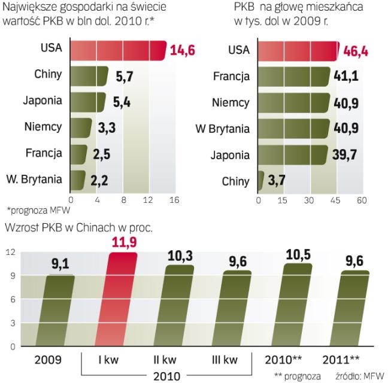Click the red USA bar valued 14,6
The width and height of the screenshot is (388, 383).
pos(117,50)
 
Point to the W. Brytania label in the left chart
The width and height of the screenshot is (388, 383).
pos(34,179)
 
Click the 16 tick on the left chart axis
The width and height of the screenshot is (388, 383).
pos(174,200)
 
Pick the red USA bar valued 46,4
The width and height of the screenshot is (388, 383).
pos(298,50)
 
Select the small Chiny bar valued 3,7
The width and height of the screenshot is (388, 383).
pos(260,180)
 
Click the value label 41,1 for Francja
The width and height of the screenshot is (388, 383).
pos(347,76)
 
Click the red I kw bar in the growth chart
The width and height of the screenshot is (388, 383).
pos(121,299)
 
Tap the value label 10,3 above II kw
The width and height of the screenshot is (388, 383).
pos(180,256)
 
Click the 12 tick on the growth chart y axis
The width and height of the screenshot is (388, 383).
pos(9,253)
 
